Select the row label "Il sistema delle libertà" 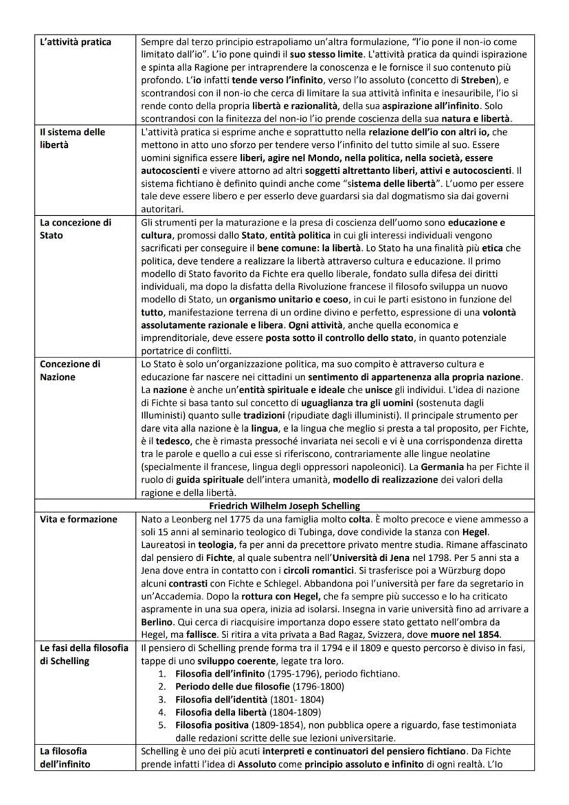(x=72, y=137)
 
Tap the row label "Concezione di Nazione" (x=71, y=369)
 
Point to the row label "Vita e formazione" (x=78, y=519)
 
